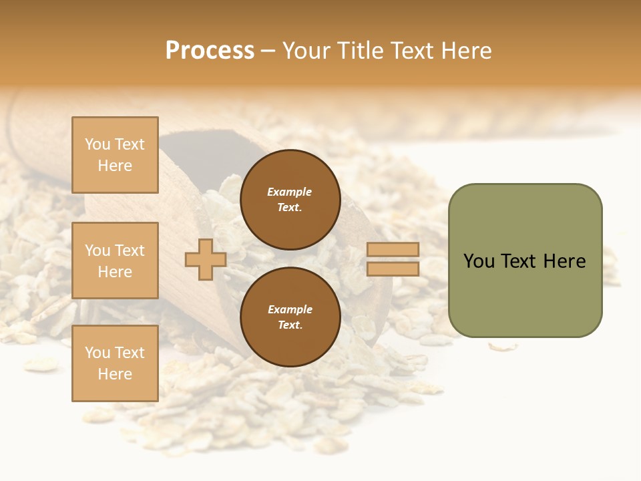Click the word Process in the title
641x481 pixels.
(210, 51)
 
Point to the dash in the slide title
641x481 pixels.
(268, 51)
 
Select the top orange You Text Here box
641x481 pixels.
(115, 155)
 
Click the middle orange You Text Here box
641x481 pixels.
(115, 261)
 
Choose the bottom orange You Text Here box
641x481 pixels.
(115, 363)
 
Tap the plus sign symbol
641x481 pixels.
(206, 260)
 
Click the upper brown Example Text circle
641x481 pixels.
(290, 200)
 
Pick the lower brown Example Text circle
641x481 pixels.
(290, 317)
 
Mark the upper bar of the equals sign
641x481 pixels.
(393, 250)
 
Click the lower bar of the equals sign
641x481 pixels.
(393, 269)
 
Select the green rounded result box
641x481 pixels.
(525, 261)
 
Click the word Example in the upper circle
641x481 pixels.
(290, 192)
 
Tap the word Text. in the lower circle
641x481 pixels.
(290, 325)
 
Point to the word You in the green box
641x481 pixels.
(479, 261)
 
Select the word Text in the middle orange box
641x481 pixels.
(130, 251)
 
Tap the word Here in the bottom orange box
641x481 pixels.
(115, 374)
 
